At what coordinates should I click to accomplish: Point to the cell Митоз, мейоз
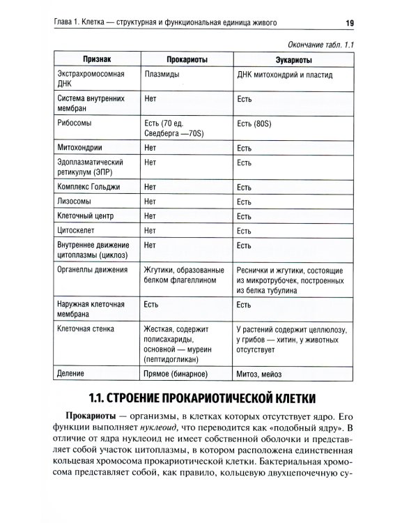point(261,372)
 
